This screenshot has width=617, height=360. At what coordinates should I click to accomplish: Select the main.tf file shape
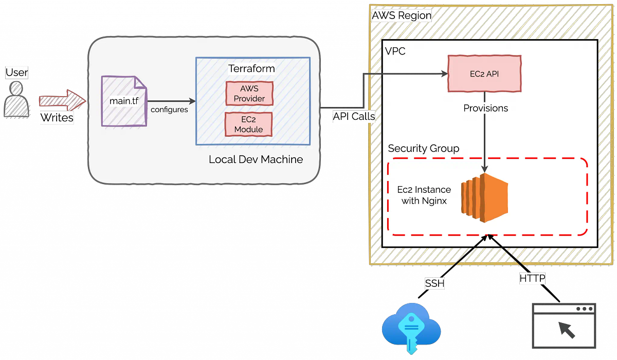[124, 101]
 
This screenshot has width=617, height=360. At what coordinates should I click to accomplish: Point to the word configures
[169, 110]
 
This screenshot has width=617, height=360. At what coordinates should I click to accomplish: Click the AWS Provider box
[249, 94]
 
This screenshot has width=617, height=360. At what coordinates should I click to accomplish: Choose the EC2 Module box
[249, 124]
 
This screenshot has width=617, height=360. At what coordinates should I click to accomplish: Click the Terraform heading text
[251, 68]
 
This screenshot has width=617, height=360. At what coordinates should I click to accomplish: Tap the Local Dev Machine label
[256, 159]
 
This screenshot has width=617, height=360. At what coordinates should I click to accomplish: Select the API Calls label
[353, 116]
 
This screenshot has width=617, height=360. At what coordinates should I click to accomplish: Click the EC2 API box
[484, 74]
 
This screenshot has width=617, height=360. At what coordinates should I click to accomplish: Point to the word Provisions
[485, 108]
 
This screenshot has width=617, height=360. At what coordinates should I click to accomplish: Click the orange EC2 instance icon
[484, 198]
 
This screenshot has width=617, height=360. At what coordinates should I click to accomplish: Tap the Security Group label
[423, 149]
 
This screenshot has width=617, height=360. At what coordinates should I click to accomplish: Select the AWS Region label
[401, 15]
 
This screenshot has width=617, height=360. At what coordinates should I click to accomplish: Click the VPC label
[395, 51]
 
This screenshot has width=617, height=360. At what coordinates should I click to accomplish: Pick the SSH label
[434, 283]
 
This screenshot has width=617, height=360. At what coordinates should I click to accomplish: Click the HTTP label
[532, 279]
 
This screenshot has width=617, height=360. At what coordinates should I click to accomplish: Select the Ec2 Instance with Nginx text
[424, 195]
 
